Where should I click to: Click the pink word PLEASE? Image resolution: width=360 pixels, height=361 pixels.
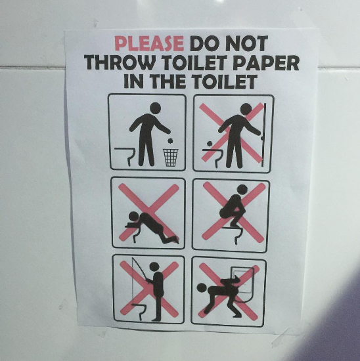pyautogui.click(x=149, y=43)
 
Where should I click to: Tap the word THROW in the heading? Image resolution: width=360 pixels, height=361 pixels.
pyautogui.click(x=120, y=62)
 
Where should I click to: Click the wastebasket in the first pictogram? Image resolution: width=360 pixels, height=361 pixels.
pyautogui.click(x=171, y=158)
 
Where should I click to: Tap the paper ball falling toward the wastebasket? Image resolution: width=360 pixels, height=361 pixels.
pyautogui.click(x=170, y=140)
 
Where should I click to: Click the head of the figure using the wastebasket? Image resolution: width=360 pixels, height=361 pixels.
pyautogui.click(x=155, y=108)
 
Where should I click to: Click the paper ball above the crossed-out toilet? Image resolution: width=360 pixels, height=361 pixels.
pyautogui.click(x=210, y=144)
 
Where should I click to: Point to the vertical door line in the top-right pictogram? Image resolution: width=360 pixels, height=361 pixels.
pyautogui.click(x=265, y=135)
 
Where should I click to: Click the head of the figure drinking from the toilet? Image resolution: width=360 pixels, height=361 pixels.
pyautogui.click(x=133, y=217)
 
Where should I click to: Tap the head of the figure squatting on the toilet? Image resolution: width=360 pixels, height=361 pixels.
pyautogui.click(x=242, y=190)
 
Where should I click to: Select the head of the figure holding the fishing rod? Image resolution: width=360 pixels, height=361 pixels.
pyautogui.click(x=154, y=267)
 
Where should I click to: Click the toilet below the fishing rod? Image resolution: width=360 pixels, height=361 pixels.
pyautogui.click(x=140, y=312)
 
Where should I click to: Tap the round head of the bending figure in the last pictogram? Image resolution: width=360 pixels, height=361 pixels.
pyautogui.click(x=202, y=288)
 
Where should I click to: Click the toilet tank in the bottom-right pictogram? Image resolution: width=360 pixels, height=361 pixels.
pyautogui.click(x=242, y=280)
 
